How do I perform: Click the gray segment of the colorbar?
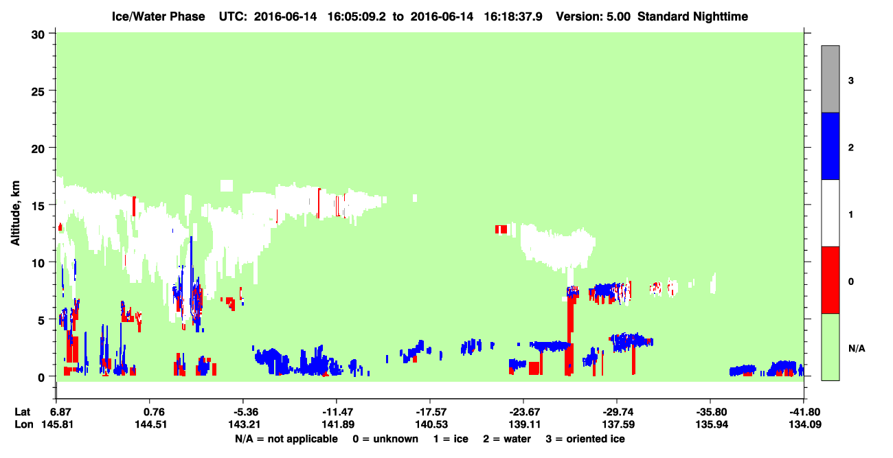830,79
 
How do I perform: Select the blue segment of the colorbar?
830,146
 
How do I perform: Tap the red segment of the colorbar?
830,280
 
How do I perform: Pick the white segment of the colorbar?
830,214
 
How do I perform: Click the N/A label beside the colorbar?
857,349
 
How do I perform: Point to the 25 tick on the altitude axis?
38,91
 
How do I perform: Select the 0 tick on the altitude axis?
41,377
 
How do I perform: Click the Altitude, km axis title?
15,213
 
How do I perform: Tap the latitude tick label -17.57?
431,412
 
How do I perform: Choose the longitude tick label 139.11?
525,424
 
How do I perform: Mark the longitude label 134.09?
805,424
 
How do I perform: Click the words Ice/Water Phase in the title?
158,16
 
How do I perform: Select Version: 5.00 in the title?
594,16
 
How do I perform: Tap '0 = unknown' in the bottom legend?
385,439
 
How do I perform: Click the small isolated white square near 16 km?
227,186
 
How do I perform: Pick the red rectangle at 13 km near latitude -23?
501,229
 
